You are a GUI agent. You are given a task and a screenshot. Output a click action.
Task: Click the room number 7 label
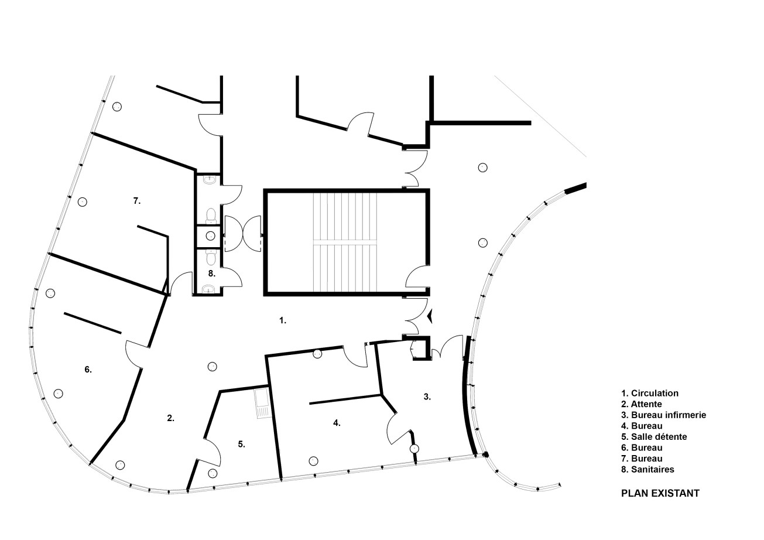(x=137, y=201)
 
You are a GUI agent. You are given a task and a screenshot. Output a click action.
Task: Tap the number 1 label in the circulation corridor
(x=283, y=320)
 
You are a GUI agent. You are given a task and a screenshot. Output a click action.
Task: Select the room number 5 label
(x=241, y=444)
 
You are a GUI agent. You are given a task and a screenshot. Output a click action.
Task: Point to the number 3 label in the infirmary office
(x=427, y=397)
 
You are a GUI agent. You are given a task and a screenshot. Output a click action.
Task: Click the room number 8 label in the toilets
(x=212, y=274)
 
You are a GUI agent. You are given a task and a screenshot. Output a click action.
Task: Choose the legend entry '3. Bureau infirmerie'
(x=664, y=415)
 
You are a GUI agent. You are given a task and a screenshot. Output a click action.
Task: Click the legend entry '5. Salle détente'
(x=654, y=437)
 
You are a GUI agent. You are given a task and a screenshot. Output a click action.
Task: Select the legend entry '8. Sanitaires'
(x=647, y=469)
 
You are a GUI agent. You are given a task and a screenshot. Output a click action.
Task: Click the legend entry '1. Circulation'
(x=650, y=393)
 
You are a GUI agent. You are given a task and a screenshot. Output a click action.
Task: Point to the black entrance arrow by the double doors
(x=430, y=316)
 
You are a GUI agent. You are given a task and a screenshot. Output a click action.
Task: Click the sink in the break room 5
(x=262, y=404)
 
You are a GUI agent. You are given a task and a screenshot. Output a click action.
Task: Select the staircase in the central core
(x=345, y=242)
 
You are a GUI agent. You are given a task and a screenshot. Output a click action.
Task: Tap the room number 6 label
(x=88, y=370)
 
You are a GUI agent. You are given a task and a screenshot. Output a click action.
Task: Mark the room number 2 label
(x=171, y=418)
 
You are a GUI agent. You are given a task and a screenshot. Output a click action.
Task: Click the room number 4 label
(x=337, y=423)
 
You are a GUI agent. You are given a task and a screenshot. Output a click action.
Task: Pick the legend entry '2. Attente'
(x=642, y=404)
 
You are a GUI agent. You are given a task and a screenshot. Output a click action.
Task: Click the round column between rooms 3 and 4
(x=414, y=449)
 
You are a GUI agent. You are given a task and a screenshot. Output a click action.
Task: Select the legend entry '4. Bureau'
(x=642, y=426)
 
